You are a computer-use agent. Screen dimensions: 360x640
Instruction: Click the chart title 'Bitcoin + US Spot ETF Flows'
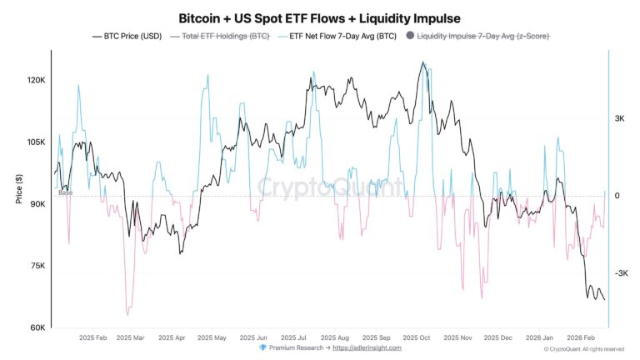pos(320,17)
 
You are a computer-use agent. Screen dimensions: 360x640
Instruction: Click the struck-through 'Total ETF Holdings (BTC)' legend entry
pos(220,36)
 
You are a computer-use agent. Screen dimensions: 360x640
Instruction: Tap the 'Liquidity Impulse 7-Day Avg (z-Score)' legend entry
pos(482,36)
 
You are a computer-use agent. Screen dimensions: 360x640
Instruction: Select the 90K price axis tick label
pos(37,204)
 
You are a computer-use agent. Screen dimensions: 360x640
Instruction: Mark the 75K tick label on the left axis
pos(37,266)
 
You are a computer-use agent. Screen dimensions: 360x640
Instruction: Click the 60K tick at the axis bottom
pos(37,327)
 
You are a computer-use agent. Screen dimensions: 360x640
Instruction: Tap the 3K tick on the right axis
pos(620,119)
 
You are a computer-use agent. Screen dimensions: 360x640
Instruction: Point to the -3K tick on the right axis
pos(621,273)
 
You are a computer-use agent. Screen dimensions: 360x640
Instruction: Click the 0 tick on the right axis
pos(617,196)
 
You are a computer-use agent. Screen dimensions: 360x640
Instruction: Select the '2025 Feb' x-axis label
pos(93,337)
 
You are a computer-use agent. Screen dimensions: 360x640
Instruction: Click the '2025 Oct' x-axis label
pos(415,337)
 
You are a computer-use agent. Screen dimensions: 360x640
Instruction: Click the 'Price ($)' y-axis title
pos(18,190)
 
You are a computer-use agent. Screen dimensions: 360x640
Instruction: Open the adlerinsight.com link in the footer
pos(367,347)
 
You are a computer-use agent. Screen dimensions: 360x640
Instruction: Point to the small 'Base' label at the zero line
pos(64,192)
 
